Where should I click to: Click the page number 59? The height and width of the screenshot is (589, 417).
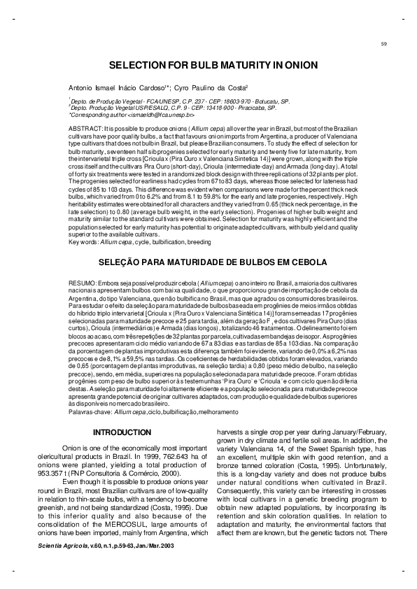click(x=384, y=45)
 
